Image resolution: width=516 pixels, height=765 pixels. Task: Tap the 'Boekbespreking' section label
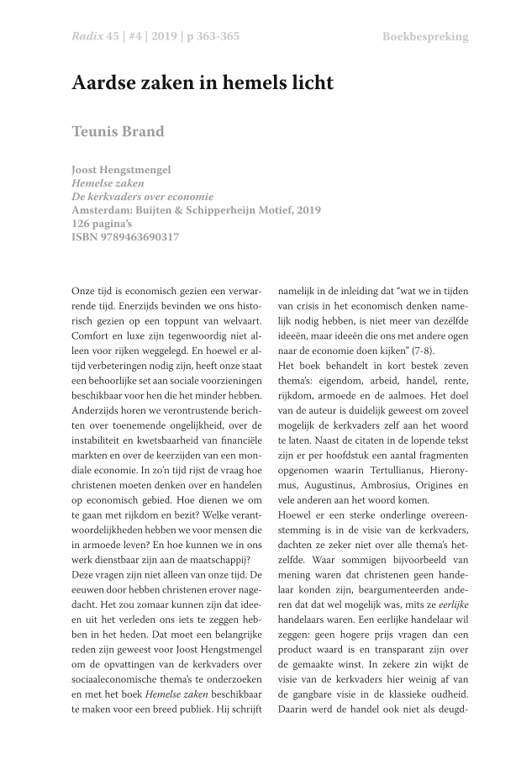click(x=425, y=37)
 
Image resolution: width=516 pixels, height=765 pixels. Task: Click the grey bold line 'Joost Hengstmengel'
click(x=121, y=170)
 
